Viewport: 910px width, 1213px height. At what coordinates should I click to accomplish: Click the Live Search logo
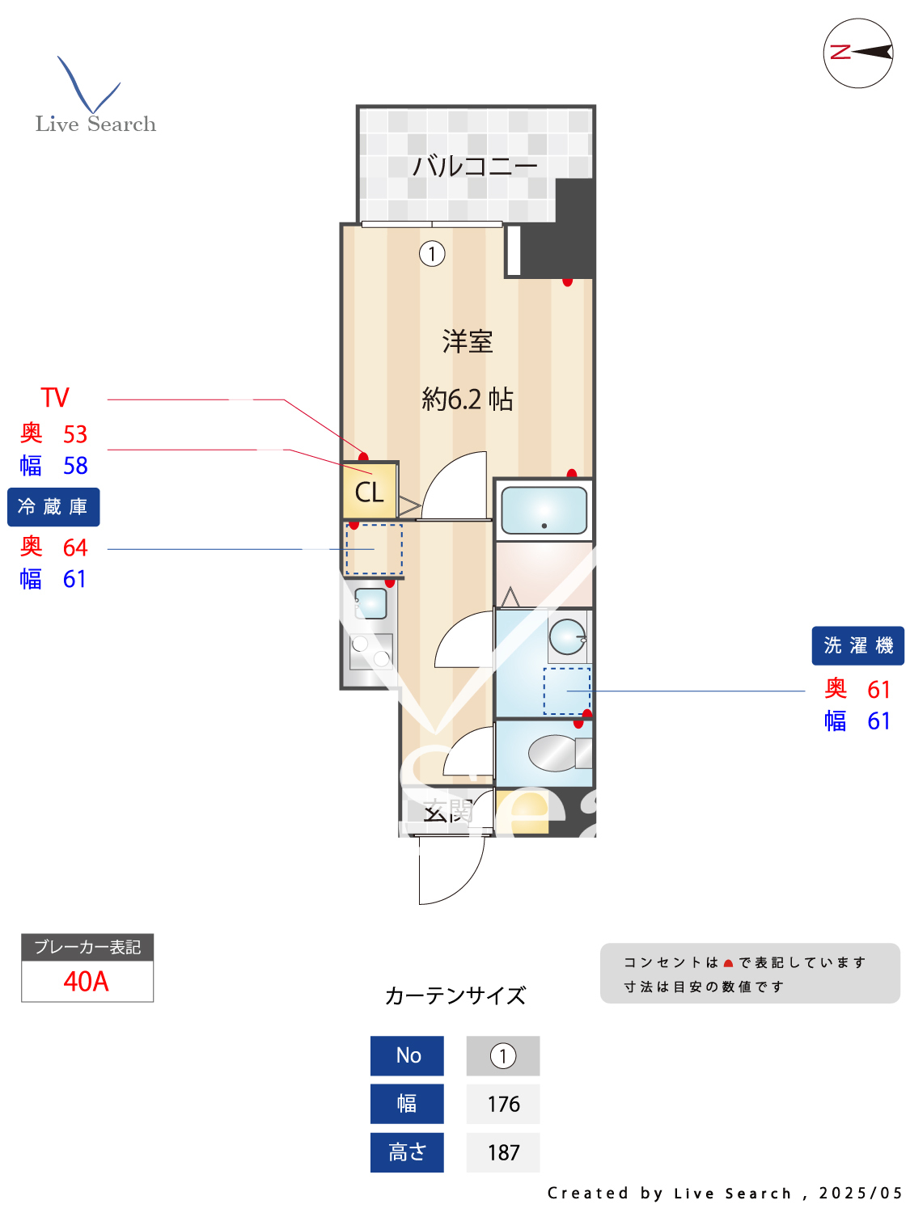(95, 97)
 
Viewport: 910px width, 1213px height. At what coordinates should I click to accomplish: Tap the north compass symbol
(858, 53)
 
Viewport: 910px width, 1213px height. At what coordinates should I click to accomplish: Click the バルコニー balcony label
(475, 167)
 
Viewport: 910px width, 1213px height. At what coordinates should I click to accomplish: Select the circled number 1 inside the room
(432, 254)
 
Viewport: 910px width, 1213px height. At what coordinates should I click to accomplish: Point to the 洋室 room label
(468, 341)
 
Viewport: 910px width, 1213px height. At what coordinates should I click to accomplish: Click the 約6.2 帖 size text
(468, 399)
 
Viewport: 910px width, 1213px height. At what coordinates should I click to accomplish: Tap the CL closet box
(370, 492)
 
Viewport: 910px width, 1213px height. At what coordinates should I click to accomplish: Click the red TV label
(55, 398)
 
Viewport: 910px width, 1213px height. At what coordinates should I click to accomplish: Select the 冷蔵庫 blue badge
(53, 507)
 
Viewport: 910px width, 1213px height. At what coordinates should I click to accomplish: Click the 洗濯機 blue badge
(857, 646)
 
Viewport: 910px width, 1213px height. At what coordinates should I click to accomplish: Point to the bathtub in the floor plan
(544, 510)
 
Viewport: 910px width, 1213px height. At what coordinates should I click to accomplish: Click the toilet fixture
(558, 754)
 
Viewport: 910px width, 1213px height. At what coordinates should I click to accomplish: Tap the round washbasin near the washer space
(567, 636)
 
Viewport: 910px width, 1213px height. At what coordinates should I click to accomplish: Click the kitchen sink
(370, 603)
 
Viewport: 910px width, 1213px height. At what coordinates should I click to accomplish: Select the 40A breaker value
(87, 982)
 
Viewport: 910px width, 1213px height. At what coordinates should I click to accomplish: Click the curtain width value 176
(503, 1105)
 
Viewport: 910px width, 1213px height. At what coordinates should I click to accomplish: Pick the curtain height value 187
(503, 1153)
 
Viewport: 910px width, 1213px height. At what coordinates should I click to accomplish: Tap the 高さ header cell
(407, 1152)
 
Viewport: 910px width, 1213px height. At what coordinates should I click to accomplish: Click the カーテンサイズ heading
(455, 995)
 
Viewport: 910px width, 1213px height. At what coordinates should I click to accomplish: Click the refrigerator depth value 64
(75, 547)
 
